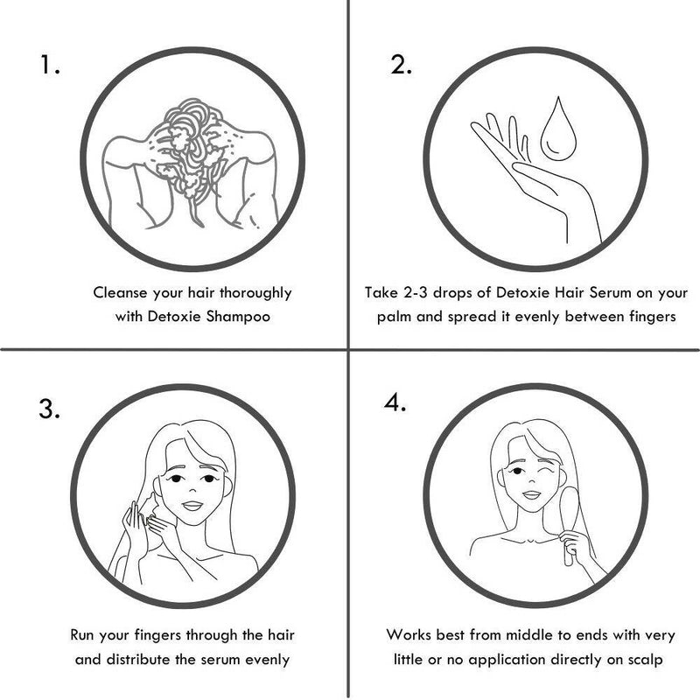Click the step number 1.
[x=50, y=65]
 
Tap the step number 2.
[x=401, y=65]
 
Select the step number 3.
[x=49, y=409]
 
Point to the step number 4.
[x=395, y=403]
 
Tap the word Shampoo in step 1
[x=238, y=317]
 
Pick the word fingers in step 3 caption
[x=157, y=636]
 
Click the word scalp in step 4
[x=646, y=660]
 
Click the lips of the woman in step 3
[x=192, y=506]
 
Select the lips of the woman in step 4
[x=531, y=494]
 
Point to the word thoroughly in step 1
[x=255, y=293]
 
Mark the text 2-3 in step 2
[x=416, y=293]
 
